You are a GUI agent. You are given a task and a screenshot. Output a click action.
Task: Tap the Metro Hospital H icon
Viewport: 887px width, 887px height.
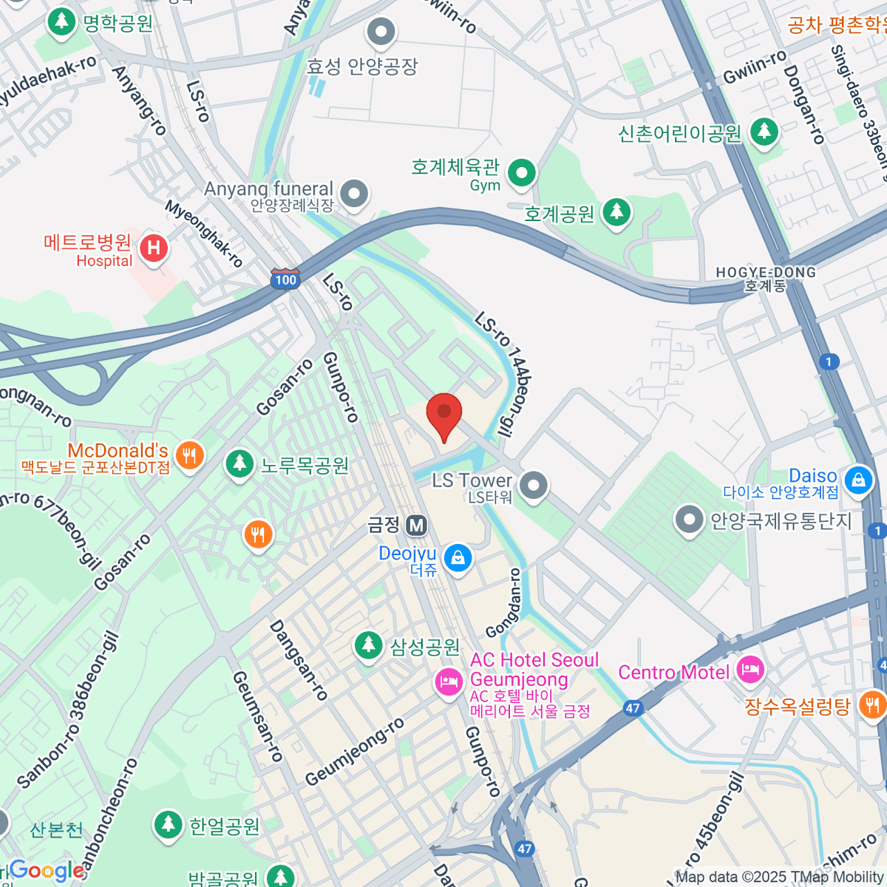click(x=154, y=247)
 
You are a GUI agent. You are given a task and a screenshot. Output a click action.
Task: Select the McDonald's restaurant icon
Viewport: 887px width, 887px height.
click(x=190, y=455)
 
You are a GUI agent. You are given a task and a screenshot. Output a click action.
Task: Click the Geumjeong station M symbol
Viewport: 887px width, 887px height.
click(x=417, y=525)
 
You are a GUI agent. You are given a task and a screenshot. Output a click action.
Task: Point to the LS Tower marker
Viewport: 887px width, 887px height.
click(x=533, y=486)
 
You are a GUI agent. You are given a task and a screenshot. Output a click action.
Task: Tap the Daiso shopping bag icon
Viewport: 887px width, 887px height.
click(x=857, y=480)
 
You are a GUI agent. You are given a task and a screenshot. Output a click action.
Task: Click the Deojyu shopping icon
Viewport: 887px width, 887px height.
click(x=458, y=557)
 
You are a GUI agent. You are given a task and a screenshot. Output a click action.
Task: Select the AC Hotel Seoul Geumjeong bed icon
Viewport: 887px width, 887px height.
click(x=448, y=681)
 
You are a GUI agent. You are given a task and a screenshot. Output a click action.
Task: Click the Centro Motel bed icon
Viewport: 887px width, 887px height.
click(x=750, y=671)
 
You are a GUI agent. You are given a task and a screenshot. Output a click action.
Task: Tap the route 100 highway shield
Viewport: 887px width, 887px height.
click(x=285, y=279)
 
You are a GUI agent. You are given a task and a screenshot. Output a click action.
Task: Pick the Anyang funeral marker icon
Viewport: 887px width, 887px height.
click(x=355, y=194)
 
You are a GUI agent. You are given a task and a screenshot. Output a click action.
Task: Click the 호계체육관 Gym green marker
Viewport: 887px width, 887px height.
click(x=523, y=173)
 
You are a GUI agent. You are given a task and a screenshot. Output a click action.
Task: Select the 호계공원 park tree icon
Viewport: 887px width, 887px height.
click(x=616, y=213)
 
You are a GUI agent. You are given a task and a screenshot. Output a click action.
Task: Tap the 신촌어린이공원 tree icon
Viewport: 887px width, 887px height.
click(x=764, y=132)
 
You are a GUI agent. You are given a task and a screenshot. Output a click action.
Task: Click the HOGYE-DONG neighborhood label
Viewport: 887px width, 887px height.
click(x=766, y=279)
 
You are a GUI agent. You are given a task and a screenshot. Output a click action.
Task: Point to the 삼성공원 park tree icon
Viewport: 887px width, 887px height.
click(x=367, y=645)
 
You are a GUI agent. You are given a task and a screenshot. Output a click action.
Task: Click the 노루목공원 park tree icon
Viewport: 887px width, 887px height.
click(x=239, y=464)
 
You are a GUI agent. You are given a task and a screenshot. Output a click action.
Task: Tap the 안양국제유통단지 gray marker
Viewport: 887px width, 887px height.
click(x=689, y=520)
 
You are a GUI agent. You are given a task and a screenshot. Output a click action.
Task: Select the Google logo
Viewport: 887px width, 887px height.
click(x=46, y=871)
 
